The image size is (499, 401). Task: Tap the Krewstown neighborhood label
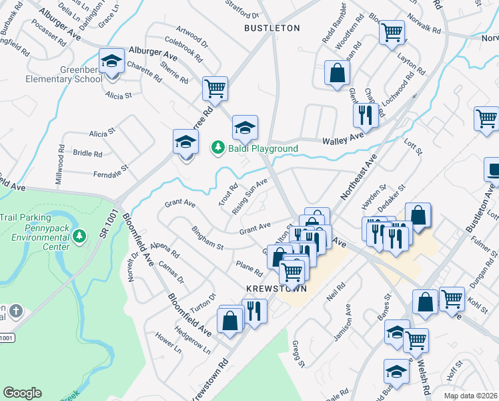[276, 289]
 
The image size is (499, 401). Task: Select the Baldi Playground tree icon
[217, 146]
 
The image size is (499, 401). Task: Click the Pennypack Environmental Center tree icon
[79, 235]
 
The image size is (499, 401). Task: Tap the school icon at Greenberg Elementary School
[111, 62]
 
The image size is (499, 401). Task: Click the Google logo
[22, 392]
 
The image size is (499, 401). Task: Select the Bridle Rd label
[87, 153]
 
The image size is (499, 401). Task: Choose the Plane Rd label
[249, 269]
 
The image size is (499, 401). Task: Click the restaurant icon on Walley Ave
[366, 114]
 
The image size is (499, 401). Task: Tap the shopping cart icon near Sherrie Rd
[215, 88]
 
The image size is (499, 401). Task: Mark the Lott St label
[414, 146]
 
